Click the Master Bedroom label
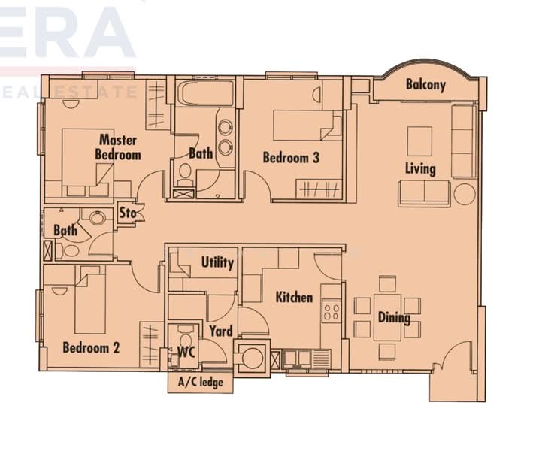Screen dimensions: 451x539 [118, 147]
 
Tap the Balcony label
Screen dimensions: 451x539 [425, 85]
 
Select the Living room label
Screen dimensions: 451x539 [420, 168]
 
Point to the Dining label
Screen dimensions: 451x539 [394, 317]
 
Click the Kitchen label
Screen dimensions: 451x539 [294, 297]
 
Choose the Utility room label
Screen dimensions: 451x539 [217, 262]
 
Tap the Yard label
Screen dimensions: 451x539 [220, 331]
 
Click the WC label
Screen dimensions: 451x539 [186, 351]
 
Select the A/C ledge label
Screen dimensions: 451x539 [200, 383]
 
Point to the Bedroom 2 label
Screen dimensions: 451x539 [91, 348]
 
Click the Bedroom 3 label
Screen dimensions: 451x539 [291, 158]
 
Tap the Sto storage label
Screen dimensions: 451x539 [128, 213]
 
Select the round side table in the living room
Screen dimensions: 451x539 [464, 193]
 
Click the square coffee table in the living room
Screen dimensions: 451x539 [419, 141]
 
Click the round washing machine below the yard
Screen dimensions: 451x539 [253, 358]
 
